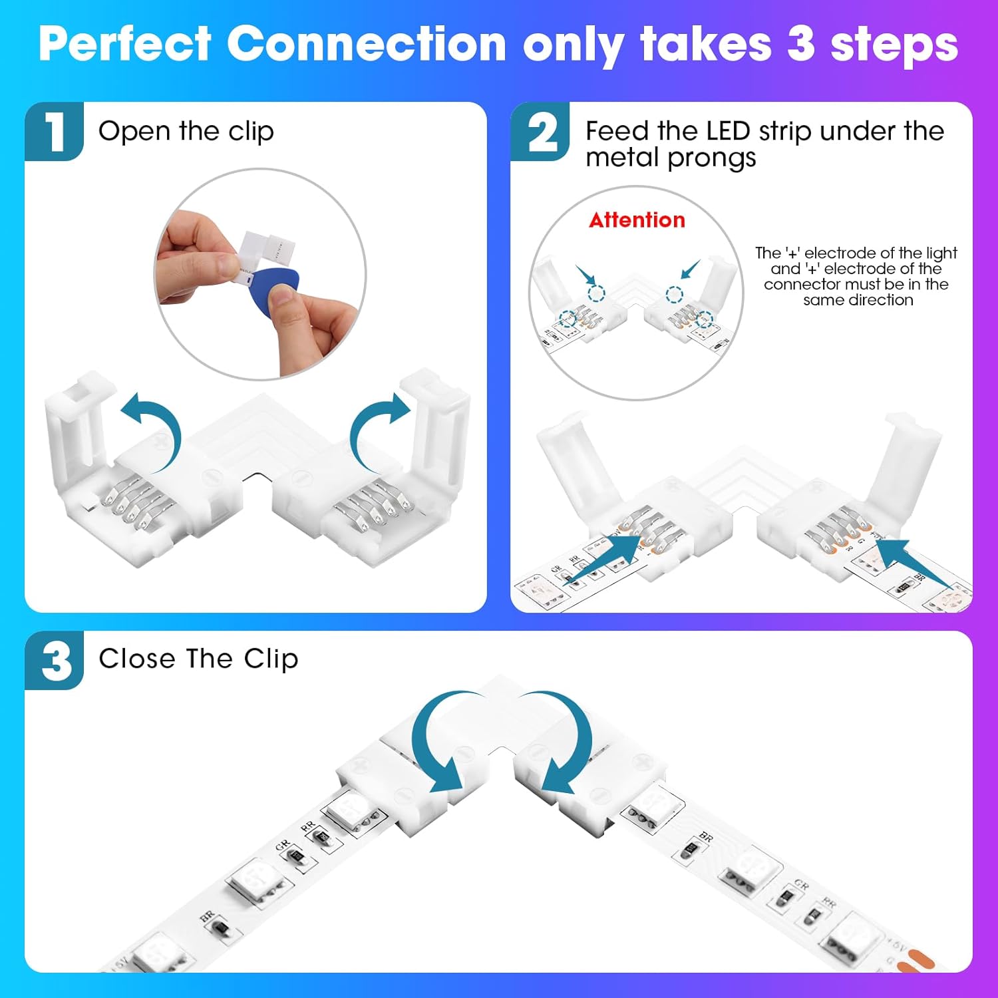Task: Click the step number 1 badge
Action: click(x=55, y=131)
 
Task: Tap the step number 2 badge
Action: click(x=540, y=132)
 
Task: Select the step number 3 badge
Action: click(x=55, y=660)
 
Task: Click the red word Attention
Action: click(x=637, y=220)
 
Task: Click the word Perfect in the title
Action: click(x=125, y=45)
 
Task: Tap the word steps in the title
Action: click(x=894, y=45)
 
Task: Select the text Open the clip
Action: click(x=186, y=131)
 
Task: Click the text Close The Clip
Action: click(x=198, y=659)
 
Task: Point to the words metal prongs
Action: click(x=671, y=158)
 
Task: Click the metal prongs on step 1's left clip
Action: click(x=130, y=506)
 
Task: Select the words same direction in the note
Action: click(x=858, y=300)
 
